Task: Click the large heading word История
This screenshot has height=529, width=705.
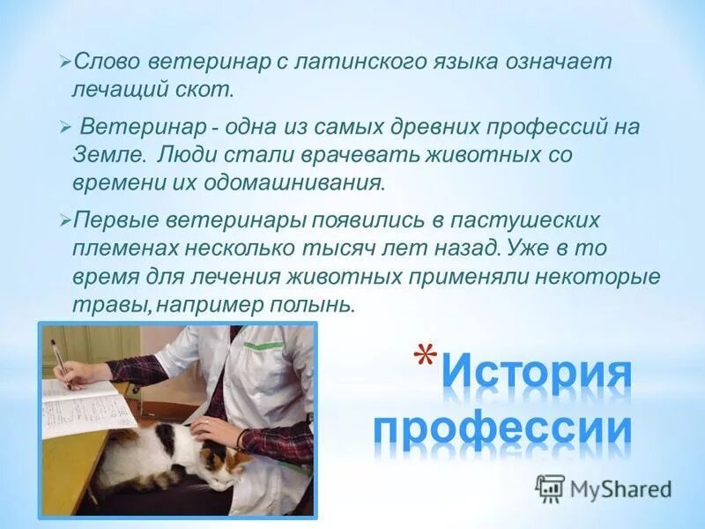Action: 537,373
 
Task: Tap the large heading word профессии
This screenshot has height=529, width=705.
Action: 502,430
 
